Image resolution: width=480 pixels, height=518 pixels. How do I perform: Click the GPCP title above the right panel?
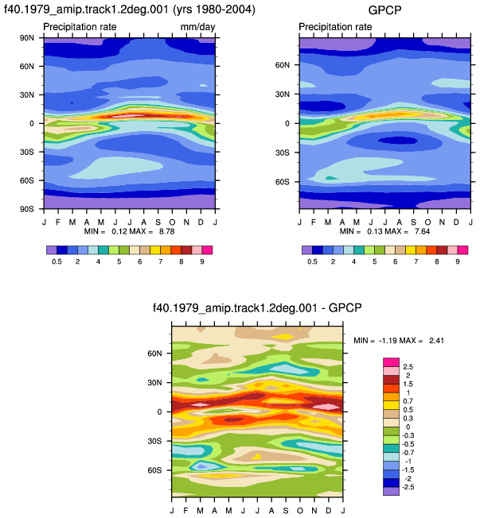[x=384, y=10]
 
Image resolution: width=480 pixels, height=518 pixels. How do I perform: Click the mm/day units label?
[x=197, y=27]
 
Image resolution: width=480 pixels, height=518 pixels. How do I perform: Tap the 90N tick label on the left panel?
[x=27, y=38]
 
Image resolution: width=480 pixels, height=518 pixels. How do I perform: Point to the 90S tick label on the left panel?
[x=27, y=209]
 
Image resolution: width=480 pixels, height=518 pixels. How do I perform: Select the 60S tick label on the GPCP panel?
[x=283, y=182]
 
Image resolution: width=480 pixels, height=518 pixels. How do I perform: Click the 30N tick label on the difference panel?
[x=155, y=383]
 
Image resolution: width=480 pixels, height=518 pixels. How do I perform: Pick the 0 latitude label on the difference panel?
[x=159, y=412]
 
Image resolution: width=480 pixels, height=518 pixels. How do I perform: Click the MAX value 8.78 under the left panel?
[x=167, y=231]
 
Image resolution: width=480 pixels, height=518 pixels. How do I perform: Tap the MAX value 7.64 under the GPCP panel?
[x=423, y=231]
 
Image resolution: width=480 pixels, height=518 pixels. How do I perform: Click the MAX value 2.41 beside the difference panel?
[x=437, y=341]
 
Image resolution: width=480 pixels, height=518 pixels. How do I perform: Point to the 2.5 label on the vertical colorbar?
[x=408, y=367]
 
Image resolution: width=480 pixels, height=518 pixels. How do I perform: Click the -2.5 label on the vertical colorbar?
[x=408, y=487]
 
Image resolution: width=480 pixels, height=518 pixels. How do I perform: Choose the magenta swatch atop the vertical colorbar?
[x=392, y=362]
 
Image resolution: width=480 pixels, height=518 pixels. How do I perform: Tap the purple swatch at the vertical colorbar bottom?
[x=392, y=491]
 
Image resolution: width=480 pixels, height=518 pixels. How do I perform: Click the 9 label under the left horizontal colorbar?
[x=202, y=261]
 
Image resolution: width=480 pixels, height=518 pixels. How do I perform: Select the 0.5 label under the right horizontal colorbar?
[x=312, y=261]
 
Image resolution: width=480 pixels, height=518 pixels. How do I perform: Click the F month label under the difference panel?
[x=185, y=511]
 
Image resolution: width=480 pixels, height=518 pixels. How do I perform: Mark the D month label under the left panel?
[x=201, y=222]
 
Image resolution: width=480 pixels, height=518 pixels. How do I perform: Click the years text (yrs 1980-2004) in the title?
[x=214, y=10]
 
